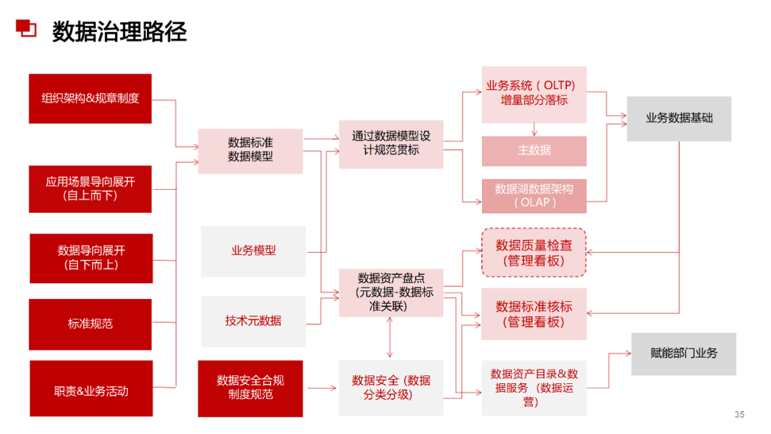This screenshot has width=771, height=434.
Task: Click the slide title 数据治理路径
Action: click(x=119, y=32)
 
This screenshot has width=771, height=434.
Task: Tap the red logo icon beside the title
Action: click(x=26, y=29)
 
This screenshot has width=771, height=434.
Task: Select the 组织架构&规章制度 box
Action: click(x=90, y=99)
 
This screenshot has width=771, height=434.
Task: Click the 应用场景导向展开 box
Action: click(x=90, y=188)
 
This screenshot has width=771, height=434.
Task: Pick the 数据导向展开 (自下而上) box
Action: click(x=91, y=258)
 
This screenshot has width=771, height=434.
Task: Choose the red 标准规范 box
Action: click(x=90, y=324)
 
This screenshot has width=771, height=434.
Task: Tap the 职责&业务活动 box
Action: click(x=91, y=391)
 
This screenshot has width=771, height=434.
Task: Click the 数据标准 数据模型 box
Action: click(x=250, y=151)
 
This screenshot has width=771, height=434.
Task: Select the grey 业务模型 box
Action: click(x=253, y=251)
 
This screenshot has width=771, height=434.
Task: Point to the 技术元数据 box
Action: click(x=253, y=321)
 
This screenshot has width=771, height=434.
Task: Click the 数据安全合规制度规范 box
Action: click(x=250, y=388)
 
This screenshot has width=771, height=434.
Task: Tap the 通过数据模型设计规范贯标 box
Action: click(x=390, y=143)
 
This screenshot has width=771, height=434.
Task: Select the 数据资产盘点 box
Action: click(x=390, y=292)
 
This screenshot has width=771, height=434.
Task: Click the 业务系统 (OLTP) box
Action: click(x=534, y=94)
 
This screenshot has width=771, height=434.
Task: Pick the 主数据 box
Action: click(x=534, y=151)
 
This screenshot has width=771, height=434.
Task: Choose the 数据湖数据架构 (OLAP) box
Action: click(x=534, y=196)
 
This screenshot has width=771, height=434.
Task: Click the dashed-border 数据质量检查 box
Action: click(x=534, y=253)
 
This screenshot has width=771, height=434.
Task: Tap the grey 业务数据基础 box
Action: click(x=679, y=118)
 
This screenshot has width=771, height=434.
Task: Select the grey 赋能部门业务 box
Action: click(x=683, y=353)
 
